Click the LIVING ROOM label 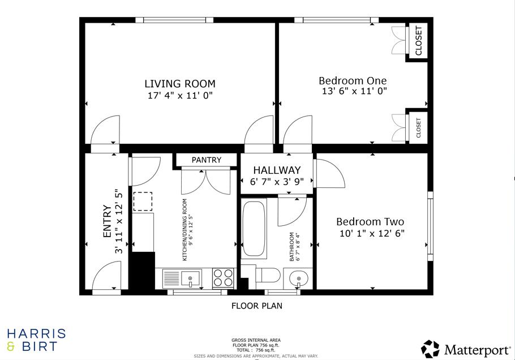[179, 84]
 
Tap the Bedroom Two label [370, 222]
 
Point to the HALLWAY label [277, 170]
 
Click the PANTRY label [206, 160]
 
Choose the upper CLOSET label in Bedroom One [419, 41]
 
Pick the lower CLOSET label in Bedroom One [419, 127]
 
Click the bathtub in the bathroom [255, 229]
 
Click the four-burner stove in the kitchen [224, 278]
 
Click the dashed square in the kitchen [143, 202]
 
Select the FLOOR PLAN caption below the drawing [256, 306]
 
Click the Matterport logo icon [430, 349]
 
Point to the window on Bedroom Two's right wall [430, 226]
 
